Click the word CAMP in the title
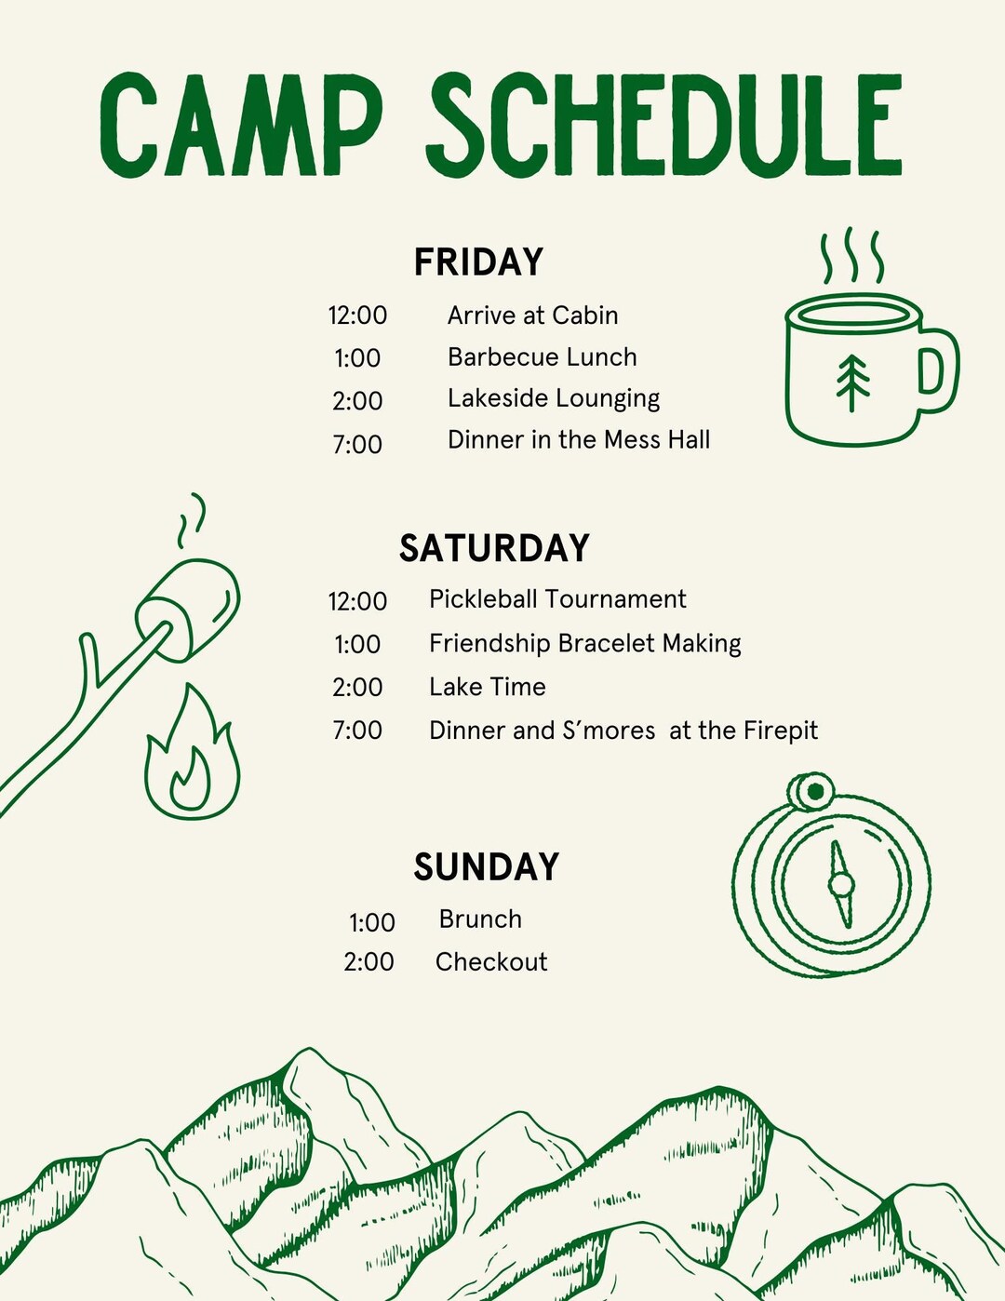[x=240, y=125]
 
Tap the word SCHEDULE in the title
[x=664, y=125]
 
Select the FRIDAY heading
[x=478, y=262]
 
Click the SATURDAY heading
[x=494, y=548]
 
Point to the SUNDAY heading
[x=487, y=867]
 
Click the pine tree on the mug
[x=852, y=382]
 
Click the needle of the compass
[x=840, y=884]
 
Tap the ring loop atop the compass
[x=813, y=792]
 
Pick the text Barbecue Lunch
[x=543, y=357]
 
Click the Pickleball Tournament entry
[x=557, y=599]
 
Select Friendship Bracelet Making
[x=584, y=644]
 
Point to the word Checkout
[x=491, y=962]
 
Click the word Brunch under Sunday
[x=480, y=919]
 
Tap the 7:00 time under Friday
[x=357, y=445]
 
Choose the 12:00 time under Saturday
[x=357, y=601]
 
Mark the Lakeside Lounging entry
[x=554, y=399]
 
